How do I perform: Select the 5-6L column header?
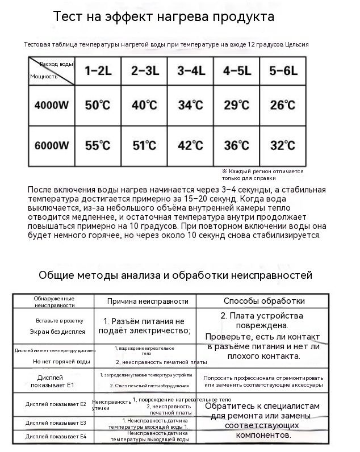(283, 71)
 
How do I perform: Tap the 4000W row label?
(52, 105)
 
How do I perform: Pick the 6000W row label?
(52, 145)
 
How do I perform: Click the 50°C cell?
(98, 105)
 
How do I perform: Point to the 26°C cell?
(283, 105)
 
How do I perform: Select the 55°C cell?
(98, 145)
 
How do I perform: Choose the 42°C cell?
(190, 145)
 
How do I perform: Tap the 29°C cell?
(237, 105)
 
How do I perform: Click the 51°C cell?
(144, 145)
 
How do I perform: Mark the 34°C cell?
(190, 105)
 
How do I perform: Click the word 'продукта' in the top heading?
(242, 16)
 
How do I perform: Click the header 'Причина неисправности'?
(148, 301)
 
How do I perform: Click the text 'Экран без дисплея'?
(57, 332)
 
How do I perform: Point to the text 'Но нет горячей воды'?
(61, 361)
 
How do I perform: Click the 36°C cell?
(237, 145)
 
